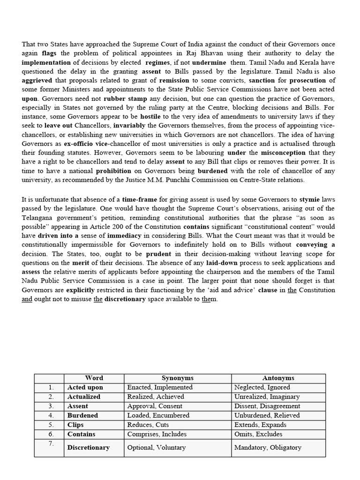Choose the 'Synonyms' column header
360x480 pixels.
(x=178, y=378)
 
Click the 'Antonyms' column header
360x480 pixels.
(x=278, y=378)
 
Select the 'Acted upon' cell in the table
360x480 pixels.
(x=85, y=387)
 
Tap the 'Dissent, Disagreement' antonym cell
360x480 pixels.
(x=267, y=406)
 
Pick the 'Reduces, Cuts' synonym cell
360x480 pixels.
(x=147, y=425)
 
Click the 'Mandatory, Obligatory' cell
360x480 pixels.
(x=268, y=447)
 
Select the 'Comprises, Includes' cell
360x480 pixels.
(x=157, y=434)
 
